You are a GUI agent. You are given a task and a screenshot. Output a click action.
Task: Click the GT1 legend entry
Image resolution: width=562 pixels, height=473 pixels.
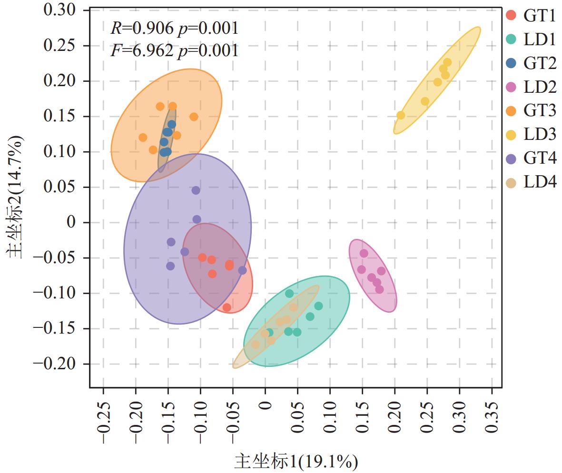point(531,15)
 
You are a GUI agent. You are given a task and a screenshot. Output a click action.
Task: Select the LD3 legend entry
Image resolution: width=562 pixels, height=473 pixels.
point(531,134)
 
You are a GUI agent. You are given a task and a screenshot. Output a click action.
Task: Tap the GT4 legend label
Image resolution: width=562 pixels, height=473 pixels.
point(540,158)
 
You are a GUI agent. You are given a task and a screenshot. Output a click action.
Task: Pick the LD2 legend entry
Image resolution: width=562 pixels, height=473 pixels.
point(531,87)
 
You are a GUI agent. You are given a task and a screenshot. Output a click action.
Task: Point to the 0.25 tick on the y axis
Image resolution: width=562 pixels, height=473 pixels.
point(59,46)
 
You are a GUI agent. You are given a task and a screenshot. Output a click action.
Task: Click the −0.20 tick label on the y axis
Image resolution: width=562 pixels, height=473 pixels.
point(54,364)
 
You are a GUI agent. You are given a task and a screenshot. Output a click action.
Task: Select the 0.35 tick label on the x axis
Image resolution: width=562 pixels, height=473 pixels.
point(492,417)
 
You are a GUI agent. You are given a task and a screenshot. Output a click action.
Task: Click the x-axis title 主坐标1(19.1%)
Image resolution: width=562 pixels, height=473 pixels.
point(296,462)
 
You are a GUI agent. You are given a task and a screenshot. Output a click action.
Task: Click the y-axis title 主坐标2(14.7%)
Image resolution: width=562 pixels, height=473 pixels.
point(15,197)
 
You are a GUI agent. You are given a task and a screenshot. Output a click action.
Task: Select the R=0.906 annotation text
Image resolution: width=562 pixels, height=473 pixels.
point(142,28)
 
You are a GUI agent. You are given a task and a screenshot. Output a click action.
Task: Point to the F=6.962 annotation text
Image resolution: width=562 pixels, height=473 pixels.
point(142,50)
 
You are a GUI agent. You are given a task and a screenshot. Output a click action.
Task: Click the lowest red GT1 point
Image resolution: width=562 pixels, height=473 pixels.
point(227,307)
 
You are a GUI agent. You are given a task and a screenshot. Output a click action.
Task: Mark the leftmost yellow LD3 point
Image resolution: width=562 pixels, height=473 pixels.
point(401,115)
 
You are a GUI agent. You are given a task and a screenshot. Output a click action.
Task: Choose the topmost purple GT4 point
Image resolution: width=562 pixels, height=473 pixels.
point(196,190)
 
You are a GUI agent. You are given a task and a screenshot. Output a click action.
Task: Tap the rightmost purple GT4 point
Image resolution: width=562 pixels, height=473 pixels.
point(243,271)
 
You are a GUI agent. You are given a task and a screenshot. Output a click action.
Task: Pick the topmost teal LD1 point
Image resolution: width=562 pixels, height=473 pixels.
point(289,294)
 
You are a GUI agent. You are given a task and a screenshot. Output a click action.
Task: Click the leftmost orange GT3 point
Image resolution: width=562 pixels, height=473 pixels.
point(143,138)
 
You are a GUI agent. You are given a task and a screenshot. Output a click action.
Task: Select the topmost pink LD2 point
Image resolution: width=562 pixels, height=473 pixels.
point(364,253)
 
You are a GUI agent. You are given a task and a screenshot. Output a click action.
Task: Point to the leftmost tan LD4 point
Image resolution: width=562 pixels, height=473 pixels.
point(256,345)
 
